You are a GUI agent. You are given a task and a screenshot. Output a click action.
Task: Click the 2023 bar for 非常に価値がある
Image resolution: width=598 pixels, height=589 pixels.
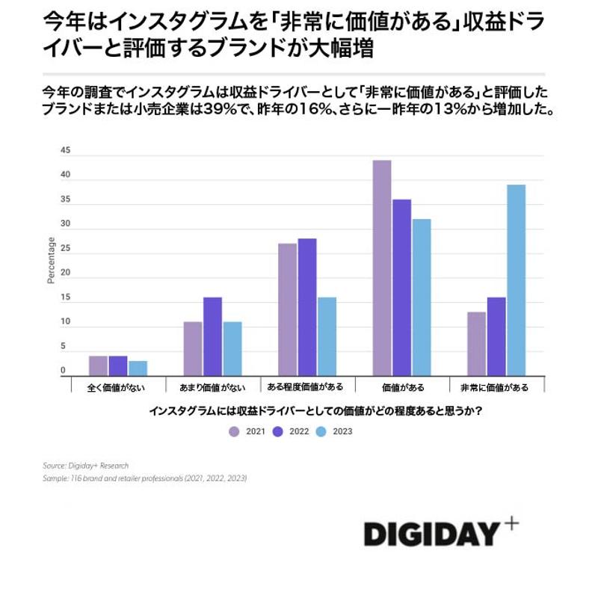pyautogui.click(x=516, y=280)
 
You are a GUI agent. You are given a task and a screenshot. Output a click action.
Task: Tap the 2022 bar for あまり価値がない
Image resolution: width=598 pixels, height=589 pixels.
pyautogui.click(x=212, y=336)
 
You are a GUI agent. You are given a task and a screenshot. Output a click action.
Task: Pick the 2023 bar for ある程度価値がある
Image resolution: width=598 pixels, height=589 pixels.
pyautogui.click(x=327, y=336)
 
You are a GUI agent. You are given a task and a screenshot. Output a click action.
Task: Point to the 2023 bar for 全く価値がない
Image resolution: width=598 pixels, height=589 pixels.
pyautogui.click(x=138, y=368)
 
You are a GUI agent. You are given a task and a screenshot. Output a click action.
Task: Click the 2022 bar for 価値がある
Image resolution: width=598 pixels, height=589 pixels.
pyautogui.click(x=401, y=288)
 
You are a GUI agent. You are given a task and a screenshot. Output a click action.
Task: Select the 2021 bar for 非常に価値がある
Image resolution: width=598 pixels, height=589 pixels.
pyautogui.click(x=476, y=344)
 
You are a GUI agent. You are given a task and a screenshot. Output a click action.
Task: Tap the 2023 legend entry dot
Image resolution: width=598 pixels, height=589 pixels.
pyautogui.click(x=319, y=431)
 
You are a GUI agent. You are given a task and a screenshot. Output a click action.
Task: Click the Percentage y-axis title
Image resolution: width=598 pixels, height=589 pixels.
pyautogui.click(x=52, y=261)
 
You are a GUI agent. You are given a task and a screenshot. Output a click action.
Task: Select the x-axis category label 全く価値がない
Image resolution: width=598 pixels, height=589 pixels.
pyautogui.click(x=117, y=387)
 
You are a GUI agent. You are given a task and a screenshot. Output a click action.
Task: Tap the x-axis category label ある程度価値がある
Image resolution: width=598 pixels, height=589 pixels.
pyautogui.click(x=306, y=387)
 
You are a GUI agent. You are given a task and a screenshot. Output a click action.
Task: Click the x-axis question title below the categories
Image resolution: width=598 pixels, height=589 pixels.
pyautogui.click(x=314, y=411)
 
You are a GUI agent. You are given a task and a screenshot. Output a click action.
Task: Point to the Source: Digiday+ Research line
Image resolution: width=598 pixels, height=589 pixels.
pyautogui.click(x=85, y=466)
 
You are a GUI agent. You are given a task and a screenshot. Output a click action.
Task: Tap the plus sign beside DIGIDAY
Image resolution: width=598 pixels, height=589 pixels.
pyautogui.click(x=511, y=524)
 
